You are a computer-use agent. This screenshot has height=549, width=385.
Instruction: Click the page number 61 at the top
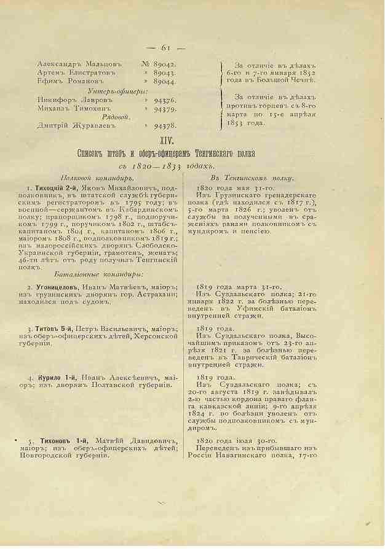tap(165, 48)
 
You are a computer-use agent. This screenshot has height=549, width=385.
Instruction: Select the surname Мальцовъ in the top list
tap(100, 64)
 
